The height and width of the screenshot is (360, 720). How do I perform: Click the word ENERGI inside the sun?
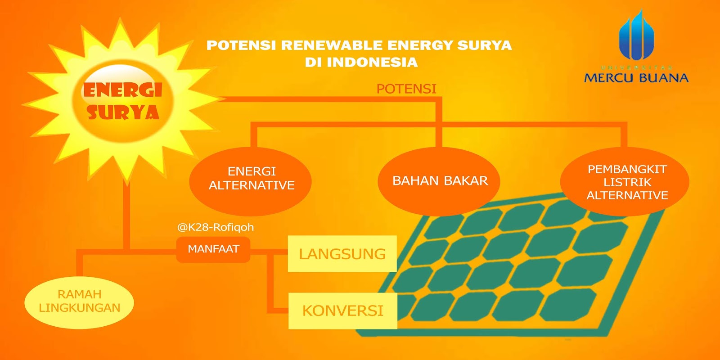point(122,90)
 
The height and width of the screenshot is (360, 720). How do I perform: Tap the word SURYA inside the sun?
point(123,112)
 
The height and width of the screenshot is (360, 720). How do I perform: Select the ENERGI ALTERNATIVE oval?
point(251,180)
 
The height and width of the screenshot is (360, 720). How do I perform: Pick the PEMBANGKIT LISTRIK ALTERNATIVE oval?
point(625,182)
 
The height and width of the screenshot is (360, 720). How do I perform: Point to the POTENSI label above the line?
point(406,89)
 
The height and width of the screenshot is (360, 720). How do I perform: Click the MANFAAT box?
point(213,249)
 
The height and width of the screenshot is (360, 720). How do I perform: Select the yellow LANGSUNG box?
point(342,254)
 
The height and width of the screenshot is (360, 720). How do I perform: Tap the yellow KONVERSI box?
point(342,310)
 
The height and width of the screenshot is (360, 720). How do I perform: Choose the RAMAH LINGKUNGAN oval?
point(79,301)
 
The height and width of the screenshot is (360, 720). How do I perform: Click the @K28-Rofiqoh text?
point(215,227)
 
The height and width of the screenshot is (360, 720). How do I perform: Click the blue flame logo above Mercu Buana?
point(636,36)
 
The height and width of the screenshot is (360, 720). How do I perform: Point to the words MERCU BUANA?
point(636,78)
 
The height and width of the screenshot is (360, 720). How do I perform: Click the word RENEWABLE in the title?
point(333,45)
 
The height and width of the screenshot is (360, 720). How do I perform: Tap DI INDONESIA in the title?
point(361,62)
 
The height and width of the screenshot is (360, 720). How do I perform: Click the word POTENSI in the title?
point(241,45)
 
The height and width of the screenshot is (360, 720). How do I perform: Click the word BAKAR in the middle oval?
point(466,181)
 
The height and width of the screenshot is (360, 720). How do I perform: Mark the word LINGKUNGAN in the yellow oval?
point(80,308)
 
